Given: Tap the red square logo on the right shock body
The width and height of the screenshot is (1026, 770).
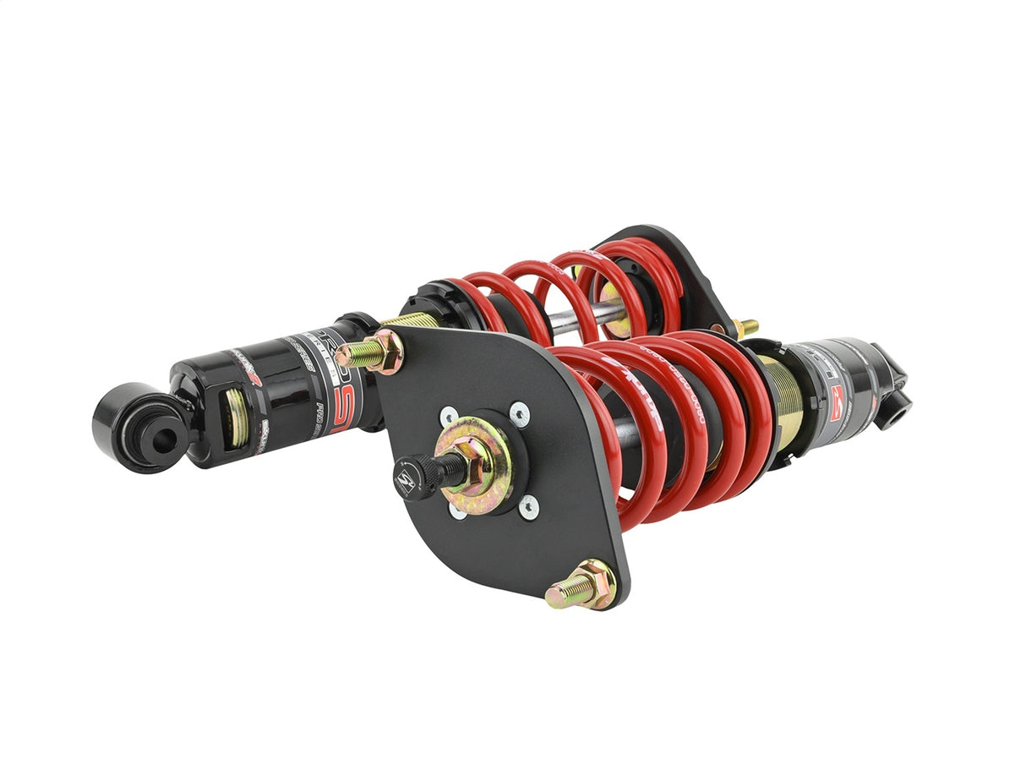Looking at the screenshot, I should coord(838,395).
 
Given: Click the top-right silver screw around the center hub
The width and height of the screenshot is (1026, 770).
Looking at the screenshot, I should coord(519,413).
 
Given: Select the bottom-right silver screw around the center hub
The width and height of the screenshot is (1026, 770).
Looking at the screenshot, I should coord(528,506).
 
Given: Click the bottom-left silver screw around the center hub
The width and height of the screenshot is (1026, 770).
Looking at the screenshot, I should coord(457,511).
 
